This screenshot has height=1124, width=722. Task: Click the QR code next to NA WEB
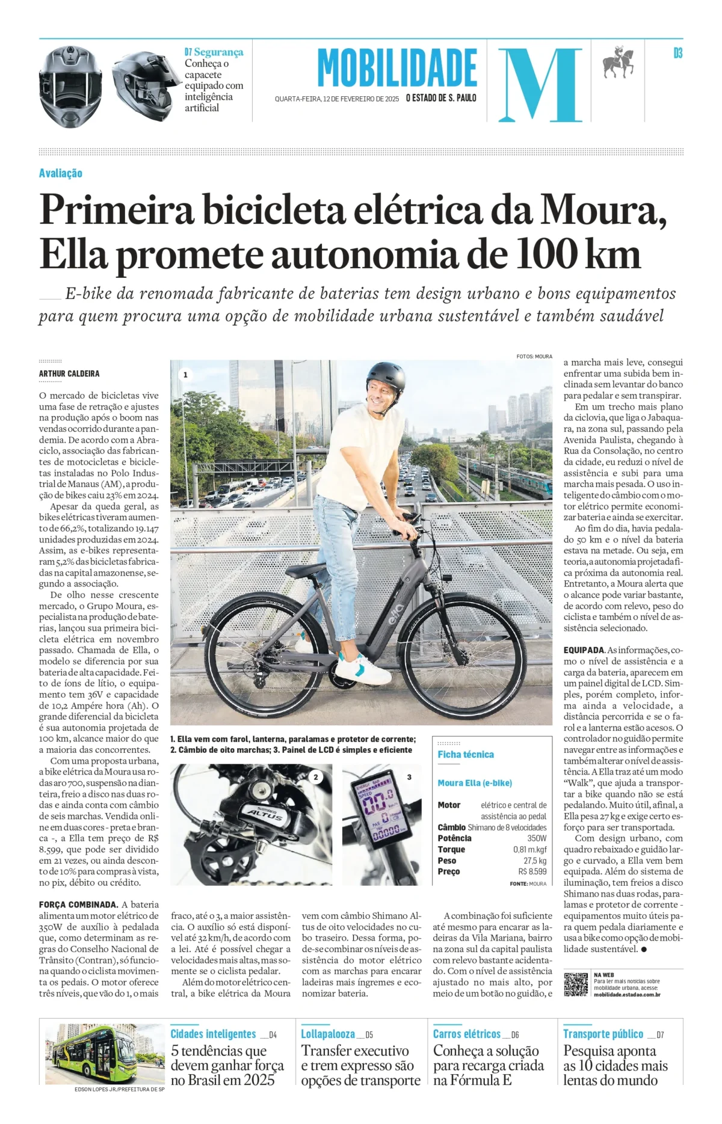point(575,984)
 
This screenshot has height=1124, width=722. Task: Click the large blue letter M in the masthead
point(540,84)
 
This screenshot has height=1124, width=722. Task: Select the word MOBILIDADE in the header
point(397,69)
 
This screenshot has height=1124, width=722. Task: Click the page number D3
point(678,54)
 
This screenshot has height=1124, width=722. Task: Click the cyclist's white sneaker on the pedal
point(362,669)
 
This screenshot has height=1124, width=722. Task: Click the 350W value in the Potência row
point(537,838)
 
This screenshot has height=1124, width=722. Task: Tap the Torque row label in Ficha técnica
point(451,849)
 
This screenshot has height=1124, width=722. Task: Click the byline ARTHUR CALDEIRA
point(69,373)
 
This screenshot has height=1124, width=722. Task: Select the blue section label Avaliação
point(61,173)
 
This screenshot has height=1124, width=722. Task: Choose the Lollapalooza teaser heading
point(328,1034)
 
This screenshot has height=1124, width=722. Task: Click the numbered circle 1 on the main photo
point(185,375)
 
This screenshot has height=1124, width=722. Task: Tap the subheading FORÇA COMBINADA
point(78,904)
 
